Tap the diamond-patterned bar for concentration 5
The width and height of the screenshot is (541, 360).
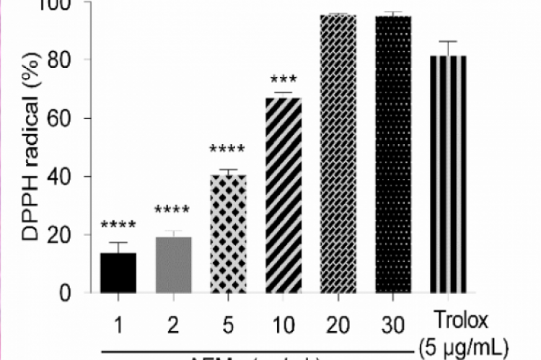[227, 234]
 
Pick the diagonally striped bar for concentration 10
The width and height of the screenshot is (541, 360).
[283, 195]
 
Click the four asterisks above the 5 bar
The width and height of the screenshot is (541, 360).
[227, 151]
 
